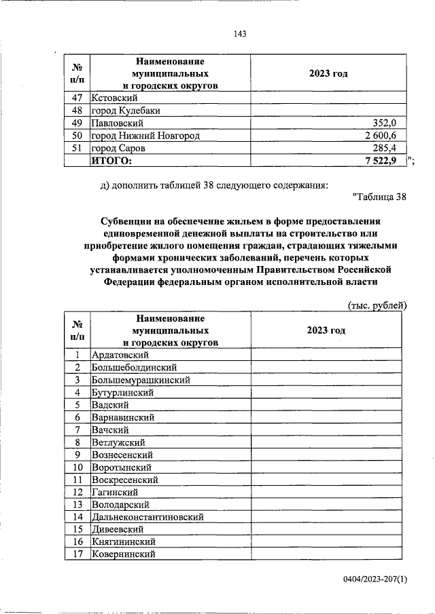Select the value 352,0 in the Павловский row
point(391,123)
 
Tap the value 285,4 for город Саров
point(391,148)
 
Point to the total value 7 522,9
point(385,160)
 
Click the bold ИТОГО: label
point(111,160)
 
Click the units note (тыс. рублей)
point(377,305)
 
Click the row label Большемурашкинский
point(141,380)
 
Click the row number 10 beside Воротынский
point(77,467)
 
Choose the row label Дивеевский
point(118,529)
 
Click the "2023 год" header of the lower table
point(326,330)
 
